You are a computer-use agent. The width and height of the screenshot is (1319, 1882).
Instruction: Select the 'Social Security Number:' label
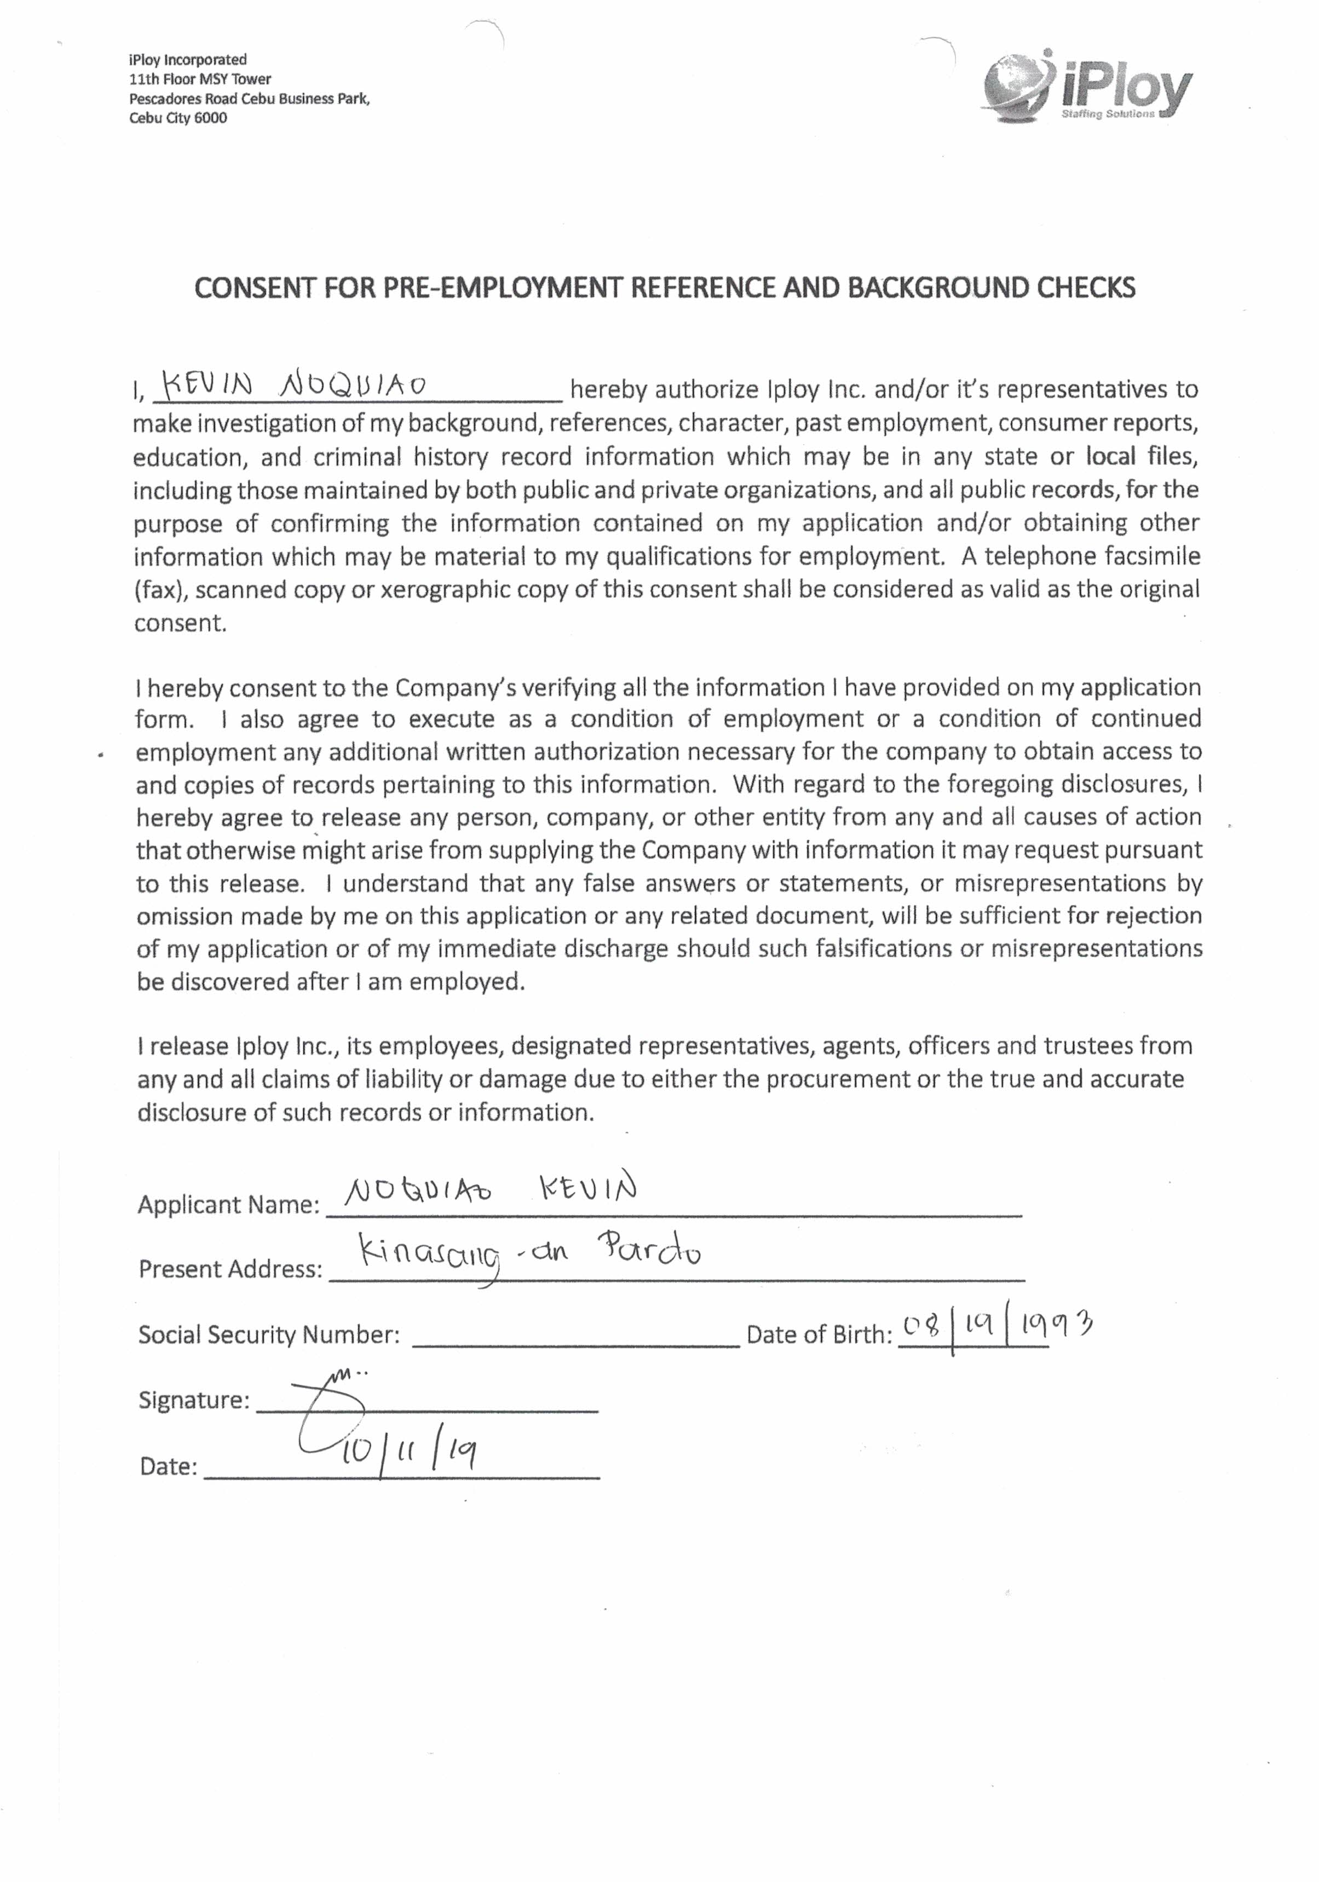coord(269,1336)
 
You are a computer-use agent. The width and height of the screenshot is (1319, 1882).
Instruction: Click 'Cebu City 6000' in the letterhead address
coord(178,118)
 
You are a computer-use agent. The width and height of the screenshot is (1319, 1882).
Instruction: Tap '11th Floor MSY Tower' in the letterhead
coord(200,79)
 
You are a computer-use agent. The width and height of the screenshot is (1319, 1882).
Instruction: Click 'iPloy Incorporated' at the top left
coord(188,60)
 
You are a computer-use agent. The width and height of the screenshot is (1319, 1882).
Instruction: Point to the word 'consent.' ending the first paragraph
coord(180,624)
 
